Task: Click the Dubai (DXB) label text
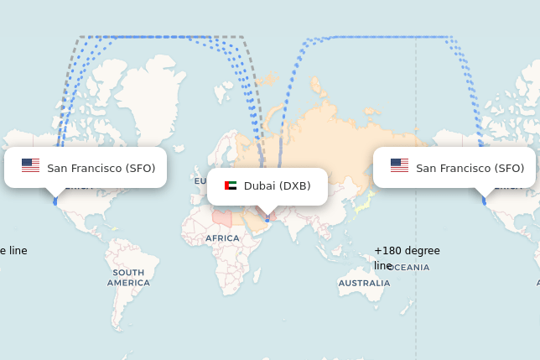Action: point(277,186)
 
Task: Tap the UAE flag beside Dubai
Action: point(231,186)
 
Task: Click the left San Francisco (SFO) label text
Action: point(101,168)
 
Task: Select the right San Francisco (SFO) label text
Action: point(470,168)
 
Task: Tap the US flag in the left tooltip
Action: point(30,166)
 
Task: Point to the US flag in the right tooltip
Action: point(399,166)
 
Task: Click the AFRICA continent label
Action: point(222,238)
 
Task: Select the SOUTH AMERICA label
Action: point(128,278)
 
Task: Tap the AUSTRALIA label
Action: point(364,284)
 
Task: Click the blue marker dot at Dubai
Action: point(267,219)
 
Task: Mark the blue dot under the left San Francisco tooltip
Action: point(55,201)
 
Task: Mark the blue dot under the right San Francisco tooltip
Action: point(484,201)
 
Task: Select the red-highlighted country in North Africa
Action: point(221,218)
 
